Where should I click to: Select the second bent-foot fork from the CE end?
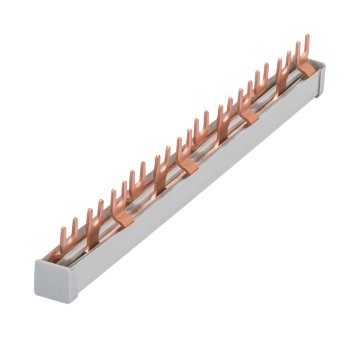(186, 152)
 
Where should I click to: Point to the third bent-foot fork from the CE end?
(247, 107)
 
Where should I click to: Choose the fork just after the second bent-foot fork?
(199, 141)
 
